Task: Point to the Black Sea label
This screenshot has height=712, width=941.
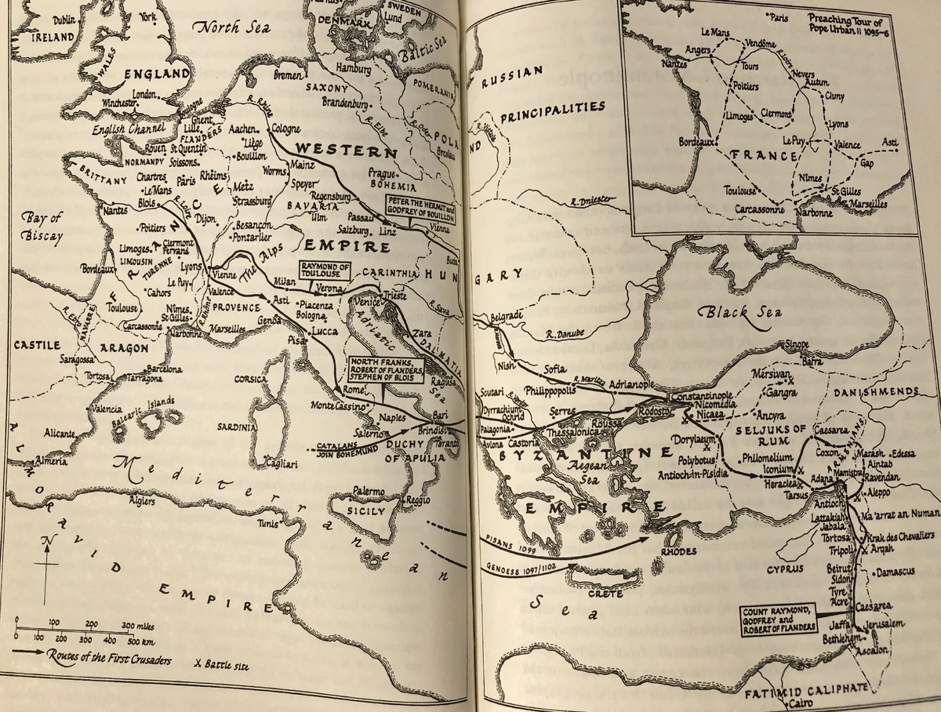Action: [740, 312]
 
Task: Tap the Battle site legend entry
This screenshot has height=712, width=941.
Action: [220, 665]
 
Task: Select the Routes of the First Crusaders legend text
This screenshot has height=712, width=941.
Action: [105, 658]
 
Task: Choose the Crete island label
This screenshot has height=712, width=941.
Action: [605, 594]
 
